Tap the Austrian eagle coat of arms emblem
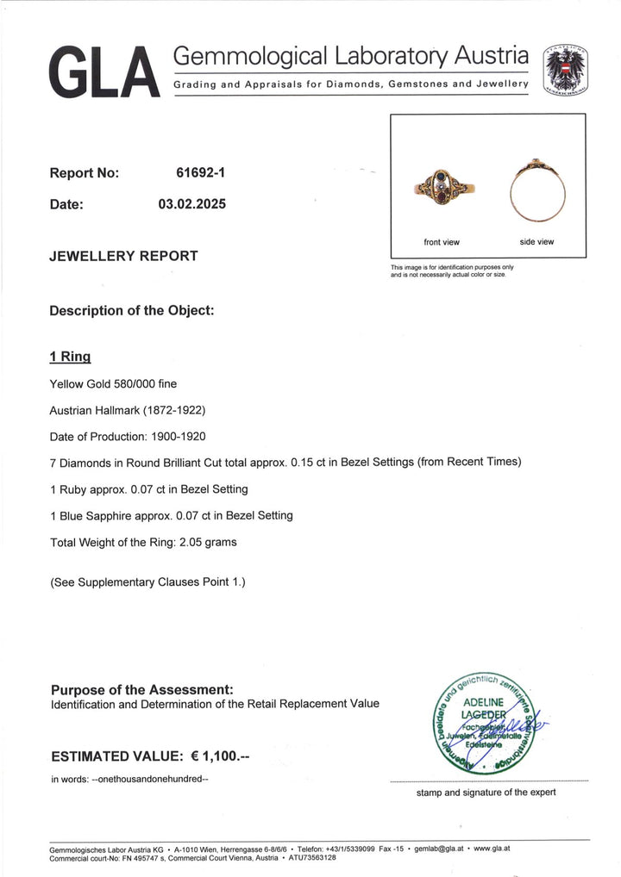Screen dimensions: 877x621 pos(566,68)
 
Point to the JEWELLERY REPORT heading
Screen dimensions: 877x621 pos(124,256)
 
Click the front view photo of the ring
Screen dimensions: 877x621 pos(442,186)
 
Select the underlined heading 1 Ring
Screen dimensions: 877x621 pos(71,356)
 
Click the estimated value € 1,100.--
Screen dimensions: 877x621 pos(220,756)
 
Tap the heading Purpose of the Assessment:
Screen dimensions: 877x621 pos(142,689)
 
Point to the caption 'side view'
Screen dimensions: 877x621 pos(537,242)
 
